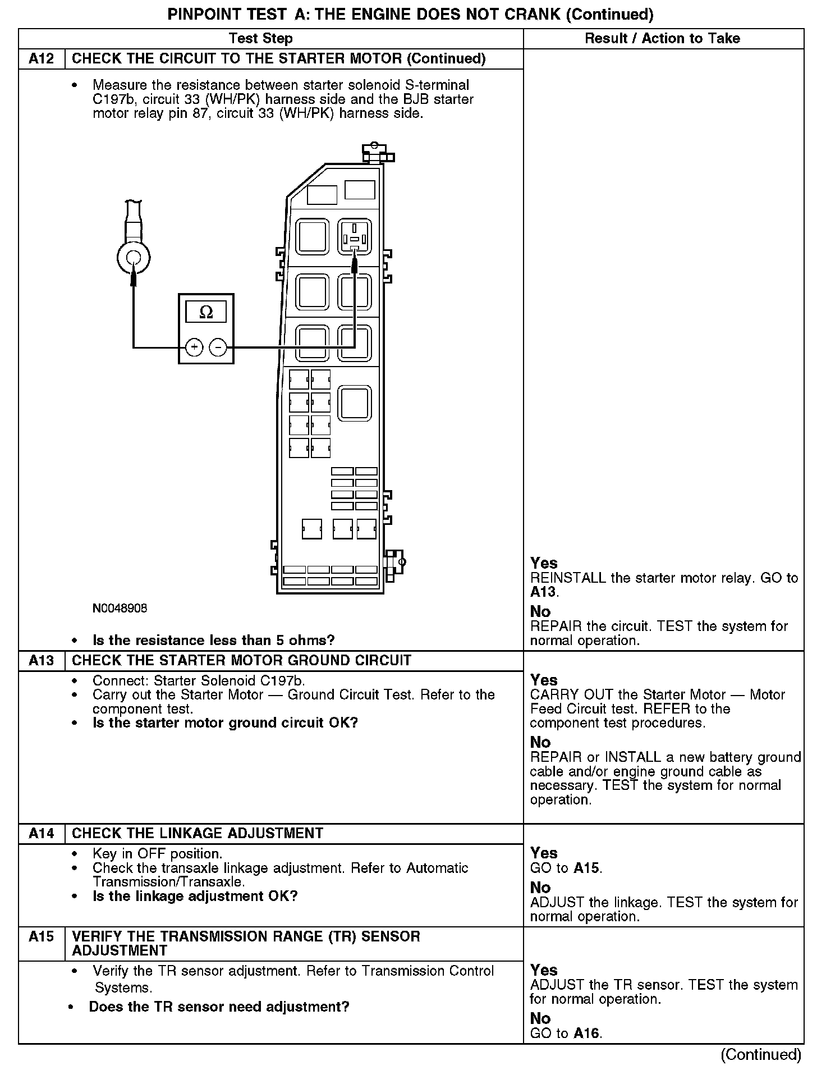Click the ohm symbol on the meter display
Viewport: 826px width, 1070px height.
[206, 312]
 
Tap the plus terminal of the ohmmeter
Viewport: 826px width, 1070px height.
[194, 347]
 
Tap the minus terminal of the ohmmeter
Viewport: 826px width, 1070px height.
[218, 347]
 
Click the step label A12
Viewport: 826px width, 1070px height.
[42, 59]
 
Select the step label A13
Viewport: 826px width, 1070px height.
[42, 660]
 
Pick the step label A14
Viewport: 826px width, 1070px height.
[42, 833]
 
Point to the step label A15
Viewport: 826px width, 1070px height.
[42, 936]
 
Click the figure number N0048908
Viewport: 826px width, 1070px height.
[120, 609]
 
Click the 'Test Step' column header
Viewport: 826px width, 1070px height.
[261, 39]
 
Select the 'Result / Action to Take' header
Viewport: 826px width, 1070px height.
[662, 39]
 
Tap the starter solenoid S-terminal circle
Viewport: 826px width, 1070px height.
[134, 258]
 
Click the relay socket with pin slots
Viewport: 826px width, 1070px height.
[354, 237]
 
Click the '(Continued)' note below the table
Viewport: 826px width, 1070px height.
[760, 1055]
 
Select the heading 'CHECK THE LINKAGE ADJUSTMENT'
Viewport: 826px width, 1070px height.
[198, 833]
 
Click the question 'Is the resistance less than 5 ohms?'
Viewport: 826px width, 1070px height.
[213, 641]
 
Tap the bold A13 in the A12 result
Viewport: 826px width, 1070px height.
[543, 592]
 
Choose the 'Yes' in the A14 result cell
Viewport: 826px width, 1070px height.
[544, 853]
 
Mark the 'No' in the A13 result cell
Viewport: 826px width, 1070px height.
[540, 742]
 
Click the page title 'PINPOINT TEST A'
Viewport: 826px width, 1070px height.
[410, 15]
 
